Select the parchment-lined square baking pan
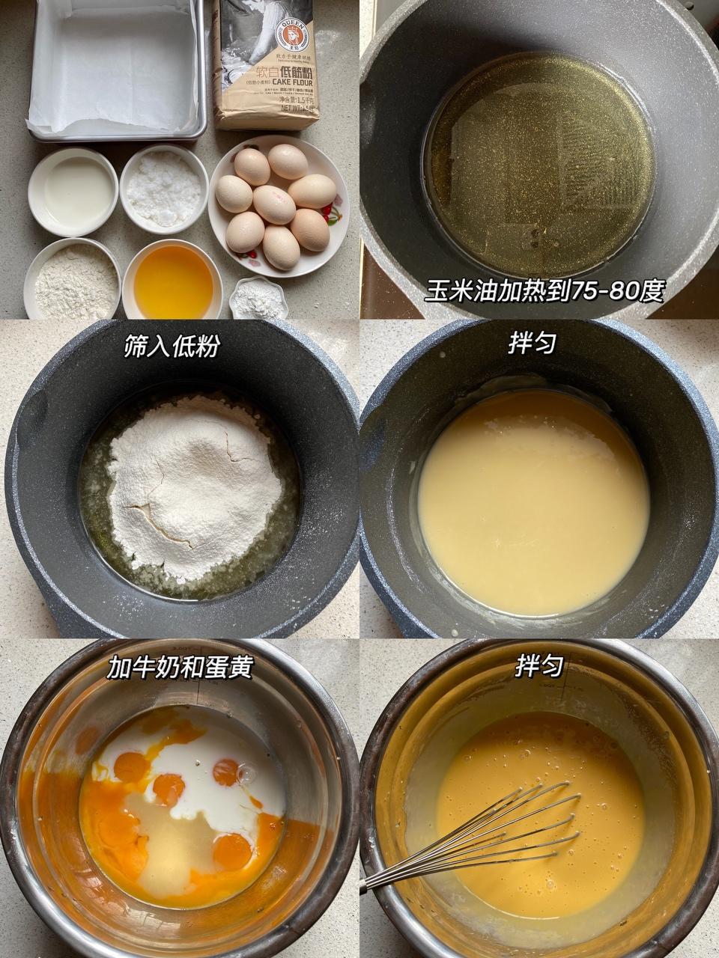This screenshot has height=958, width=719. click(x=116, y=71)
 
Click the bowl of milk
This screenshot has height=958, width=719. click(x=73, y=191)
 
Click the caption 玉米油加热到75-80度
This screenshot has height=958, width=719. click(x=544, y=290)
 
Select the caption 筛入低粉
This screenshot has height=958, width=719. click(x=172, y=346)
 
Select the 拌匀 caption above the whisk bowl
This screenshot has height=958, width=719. click(x=539, y=666)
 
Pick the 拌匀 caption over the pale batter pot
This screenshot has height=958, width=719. click(x=531, y=344)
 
